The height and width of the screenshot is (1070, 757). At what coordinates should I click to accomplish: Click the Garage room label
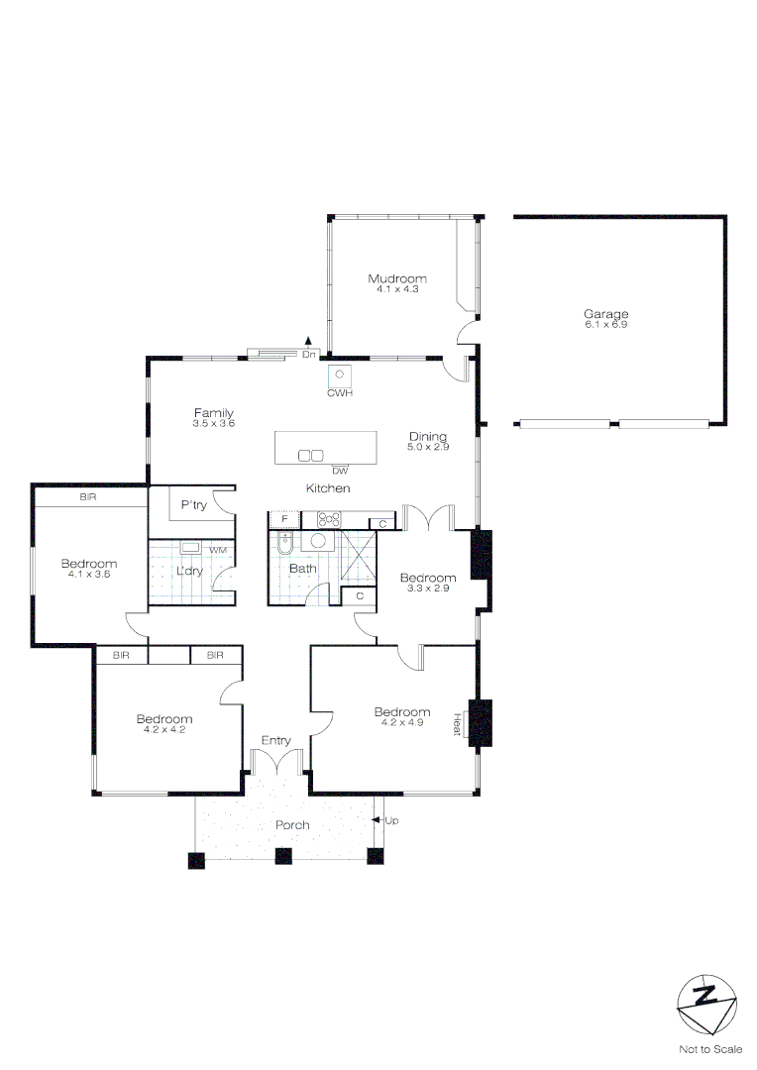click(605, 314)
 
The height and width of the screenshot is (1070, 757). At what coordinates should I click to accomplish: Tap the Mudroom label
click(397, 278)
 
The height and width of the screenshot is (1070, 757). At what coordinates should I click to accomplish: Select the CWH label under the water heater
click(340, 393)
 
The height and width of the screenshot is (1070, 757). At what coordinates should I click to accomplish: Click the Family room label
click(213, 413)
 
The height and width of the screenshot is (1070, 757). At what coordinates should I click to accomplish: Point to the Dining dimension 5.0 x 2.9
click(428, 448)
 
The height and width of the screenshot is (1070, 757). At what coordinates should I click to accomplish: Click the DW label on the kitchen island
click(340, 471)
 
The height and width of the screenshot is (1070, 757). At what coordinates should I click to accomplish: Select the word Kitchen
click(328, 488)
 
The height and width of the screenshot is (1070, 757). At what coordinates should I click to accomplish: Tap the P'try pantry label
click(194, 505)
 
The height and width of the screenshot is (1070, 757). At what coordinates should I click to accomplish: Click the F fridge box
click(284, 519)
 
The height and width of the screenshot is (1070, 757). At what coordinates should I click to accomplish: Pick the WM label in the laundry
click(216, 549)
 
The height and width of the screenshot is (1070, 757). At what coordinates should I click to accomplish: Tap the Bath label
click(302, 569)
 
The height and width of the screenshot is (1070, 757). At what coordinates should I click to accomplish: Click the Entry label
click(275, 740)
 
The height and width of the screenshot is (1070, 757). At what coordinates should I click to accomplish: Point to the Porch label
click(292, 825)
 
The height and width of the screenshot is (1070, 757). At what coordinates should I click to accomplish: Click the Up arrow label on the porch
click(390, 820)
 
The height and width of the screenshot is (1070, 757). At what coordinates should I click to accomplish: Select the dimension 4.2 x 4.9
click(402, 722)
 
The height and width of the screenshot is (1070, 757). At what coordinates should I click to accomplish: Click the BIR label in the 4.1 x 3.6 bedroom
click(88, 497)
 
